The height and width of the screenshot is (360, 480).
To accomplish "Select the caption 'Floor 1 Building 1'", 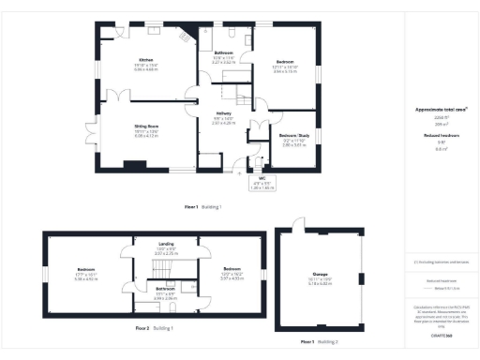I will [x=202, y=205].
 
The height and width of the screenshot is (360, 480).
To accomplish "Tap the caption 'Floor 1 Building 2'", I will [x=320, y=342].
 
